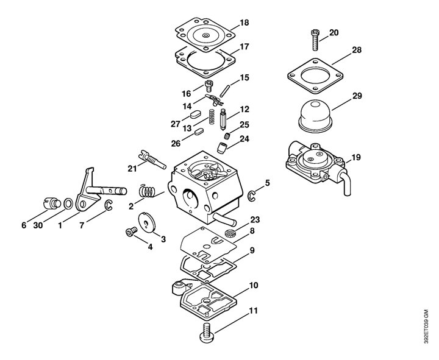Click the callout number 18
click(244, 23)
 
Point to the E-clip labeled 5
click(251, 196)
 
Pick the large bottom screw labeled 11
click(208, 333)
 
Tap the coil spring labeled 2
click(148, 191)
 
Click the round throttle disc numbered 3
click(148, 222)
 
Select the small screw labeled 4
click(131, 231)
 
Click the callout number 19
click(356, 157)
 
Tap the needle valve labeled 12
click(223, 119)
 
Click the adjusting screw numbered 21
click(152, 160)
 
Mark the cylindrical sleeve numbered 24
click(222, 147)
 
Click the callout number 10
click(254, 285)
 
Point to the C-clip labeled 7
click(109, 205)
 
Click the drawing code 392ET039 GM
click(426, 326)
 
